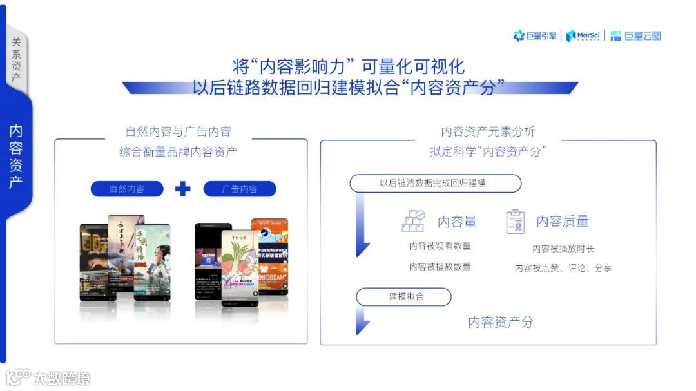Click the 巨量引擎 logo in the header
click(535, 36)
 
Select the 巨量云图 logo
click(635, 36)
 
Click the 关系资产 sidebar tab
click(16, 61)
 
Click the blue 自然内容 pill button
click(127, 189)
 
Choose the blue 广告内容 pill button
click(240, 189)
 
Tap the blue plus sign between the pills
click(183, 189)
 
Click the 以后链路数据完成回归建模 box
click(435, 184)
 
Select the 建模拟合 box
click(404, 296)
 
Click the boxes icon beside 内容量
click(413, 221)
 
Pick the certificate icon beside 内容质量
click(515, 221)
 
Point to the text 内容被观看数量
click(440, 245)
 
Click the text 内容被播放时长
click(563, 248)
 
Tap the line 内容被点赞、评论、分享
click(563, 268)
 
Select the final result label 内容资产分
click(501, 322)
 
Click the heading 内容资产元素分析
click(488, 131)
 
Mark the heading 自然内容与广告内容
click(178, 131)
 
